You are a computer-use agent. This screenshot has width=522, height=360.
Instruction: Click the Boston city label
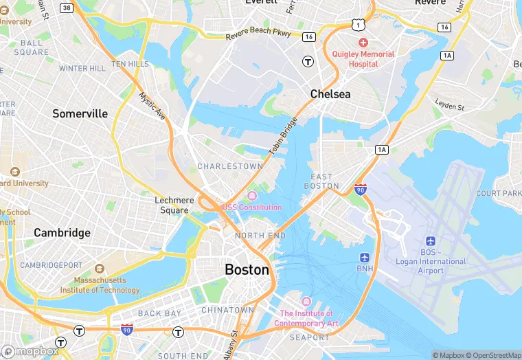click(247, 270)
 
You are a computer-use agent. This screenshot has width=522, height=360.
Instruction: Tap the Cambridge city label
click(62, 233)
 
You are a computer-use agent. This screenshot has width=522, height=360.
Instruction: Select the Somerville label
click(80, 113)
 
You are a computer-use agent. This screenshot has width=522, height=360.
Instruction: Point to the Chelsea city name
click(330, 93)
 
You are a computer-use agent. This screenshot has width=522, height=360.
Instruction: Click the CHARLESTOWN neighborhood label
click(230, 166)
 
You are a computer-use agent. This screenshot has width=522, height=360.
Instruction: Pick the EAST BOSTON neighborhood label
click(321, 181)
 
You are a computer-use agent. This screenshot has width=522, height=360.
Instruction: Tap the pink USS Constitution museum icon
click(251, 196)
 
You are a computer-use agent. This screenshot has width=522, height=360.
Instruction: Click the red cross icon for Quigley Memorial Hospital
click(363, 43)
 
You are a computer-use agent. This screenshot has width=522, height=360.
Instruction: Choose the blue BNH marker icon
click(365, 257)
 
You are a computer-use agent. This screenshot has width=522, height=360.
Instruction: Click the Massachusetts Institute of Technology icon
click(100, 269)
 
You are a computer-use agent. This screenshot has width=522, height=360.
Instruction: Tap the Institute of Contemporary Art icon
click(306, 302)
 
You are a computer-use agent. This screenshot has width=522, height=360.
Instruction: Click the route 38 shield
click(67, 8)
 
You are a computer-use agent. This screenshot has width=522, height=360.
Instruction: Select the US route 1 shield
click(358, 24)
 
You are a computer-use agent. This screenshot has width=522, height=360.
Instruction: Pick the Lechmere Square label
click(174, 205)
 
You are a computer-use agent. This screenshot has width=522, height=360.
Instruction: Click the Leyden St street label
click(449, 104)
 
